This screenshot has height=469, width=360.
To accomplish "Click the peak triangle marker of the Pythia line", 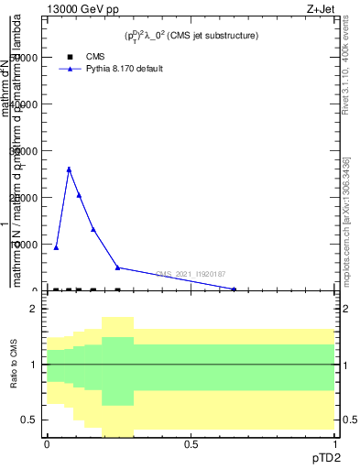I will tap(69, 169).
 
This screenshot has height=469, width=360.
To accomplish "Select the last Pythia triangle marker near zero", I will tap(235, 289).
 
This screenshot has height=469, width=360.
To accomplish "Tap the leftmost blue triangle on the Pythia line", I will tap(56, 247).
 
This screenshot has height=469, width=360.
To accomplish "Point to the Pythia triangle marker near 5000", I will tap(117, 267).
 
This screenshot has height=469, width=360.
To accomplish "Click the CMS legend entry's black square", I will tap(70, 56).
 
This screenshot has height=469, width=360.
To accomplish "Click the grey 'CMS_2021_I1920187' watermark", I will tap(191, 274).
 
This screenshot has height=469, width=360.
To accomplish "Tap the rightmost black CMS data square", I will tap(117, 290).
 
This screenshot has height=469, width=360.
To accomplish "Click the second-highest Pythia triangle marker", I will tap(79, 195).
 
